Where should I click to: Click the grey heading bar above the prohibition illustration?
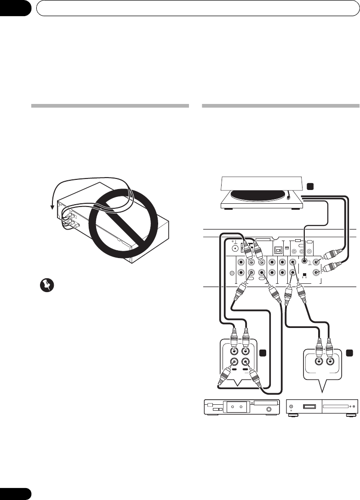pyautogui.click(x=110, y=106)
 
